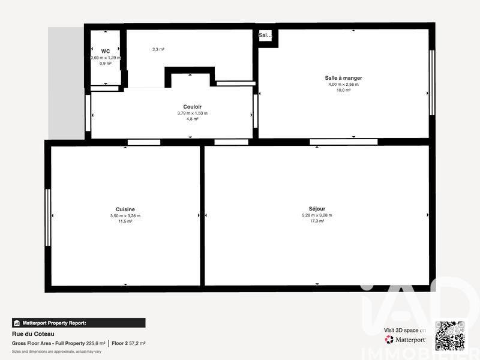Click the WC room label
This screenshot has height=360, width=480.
[106, 51]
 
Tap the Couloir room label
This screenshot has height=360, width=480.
[192, 106]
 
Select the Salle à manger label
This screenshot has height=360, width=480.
[343, 78]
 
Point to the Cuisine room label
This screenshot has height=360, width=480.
[125, 209]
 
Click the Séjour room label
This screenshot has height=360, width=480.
[317, 209]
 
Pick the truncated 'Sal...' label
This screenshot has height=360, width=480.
[265, 35]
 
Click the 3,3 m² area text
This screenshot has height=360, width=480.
[158, 49]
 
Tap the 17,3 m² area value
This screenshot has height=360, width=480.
[317, 221]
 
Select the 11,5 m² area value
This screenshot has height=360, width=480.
[125, 221]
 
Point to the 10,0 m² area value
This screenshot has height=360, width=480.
[343, 90]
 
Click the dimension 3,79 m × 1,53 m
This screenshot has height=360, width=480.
[192, 113]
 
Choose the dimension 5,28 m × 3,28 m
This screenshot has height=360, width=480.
[317, 215]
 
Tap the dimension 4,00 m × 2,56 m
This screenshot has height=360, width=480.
[343, 85]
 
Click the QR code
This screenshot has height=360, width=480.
[450, 336]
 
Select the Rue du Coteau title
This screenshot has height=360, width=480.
[29, 334]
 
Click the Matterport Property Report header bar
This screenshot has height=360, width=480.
[79, 323]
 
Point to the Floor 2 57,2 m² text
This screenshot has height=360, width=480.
[128, 343]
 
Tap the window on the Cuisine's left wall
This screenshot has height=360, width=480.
[48, 217]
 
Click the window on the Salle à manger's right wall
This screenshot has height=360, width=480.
[432, 82]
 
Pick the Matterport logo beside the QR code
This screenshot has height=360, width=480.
[406, 340]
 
